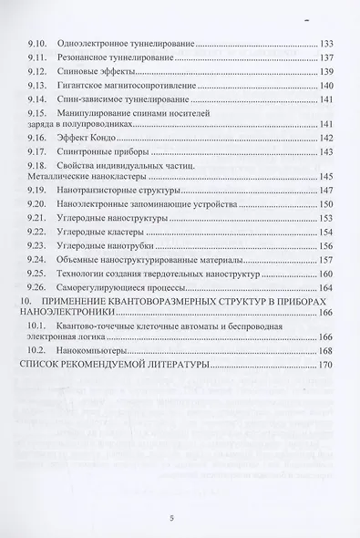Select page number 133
pos(330,43)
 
